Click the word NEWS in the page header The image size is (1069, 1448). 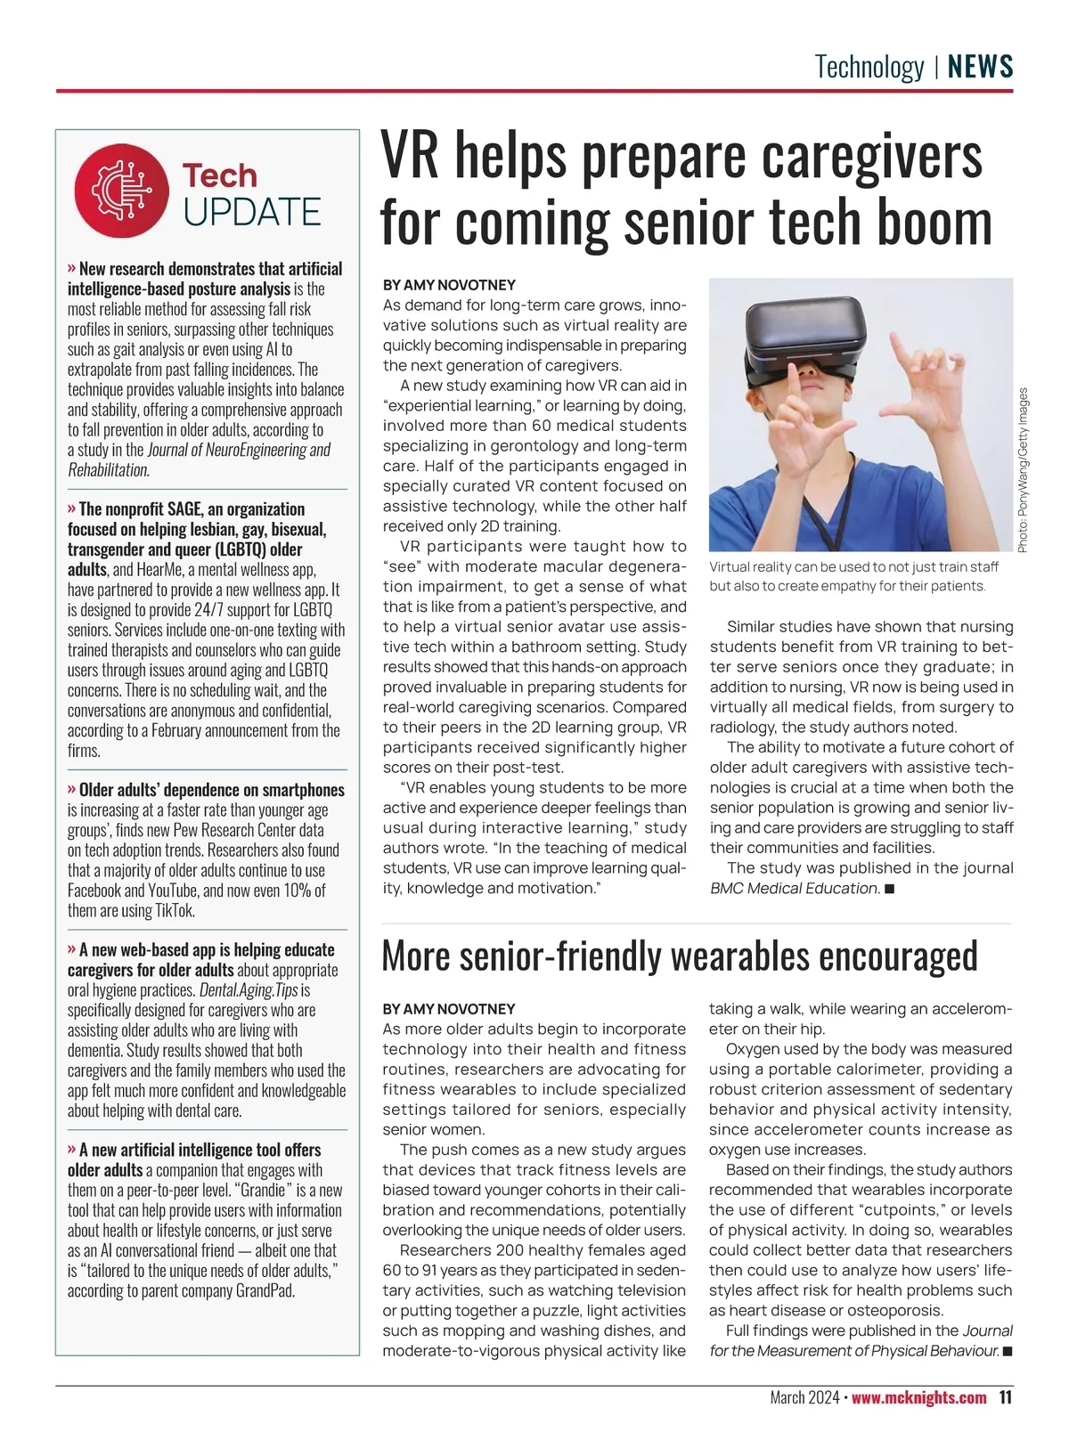point(980,67)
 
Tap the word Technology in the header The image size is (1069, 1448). point(869,67)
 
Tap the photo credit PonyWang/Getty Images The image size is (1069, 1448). point(1024,469)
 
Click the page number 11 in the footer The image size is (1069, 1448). point(1005,1397)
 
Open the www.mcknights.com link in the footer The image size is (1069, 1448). point(918,1397)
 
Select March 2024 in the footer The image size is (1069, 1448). point(804,1397)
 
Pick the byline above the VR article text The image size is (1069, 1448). point(449,285)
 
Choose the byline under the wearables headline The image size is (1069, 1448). point(449,1009)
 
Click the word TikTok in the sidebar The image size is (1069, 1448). point(175,910)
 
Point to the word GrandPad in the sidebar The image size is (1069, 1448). point(265,1290)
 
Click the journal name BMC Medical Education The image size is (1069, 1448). point(794,888)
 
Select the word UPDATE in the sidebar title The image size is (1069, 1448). point(251,213)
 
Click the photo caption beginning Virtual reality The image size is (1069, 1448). point(853,576)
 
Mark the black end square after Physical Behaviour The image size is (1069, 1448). point(1008,1351)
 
